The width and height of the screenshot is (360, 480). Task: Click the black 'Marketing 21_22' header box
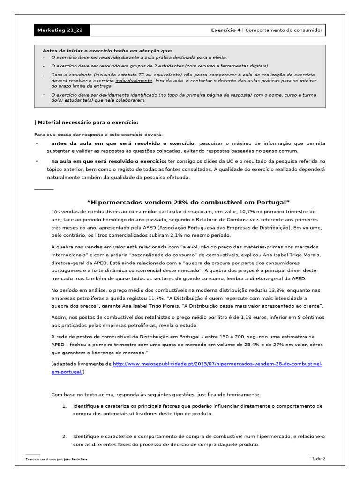61,30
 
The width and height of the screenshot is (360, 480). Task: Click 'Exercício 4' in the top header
225,30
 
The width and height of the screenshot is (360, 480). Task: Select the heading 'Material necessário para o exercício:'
87,122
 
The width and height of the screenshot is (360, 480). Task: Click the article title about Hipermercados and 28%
189,202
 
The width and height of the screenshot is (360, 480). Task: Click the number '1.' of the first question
65,406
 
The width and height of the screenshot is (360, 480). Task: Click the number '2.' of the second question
65,436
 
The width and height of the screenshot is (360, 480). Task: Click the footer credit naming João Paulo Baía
57,459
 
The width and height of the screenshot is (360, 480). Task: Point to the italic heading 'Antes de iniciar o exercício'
107,51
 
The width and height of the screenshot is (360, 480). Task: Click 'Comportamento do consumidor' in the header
284,30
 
